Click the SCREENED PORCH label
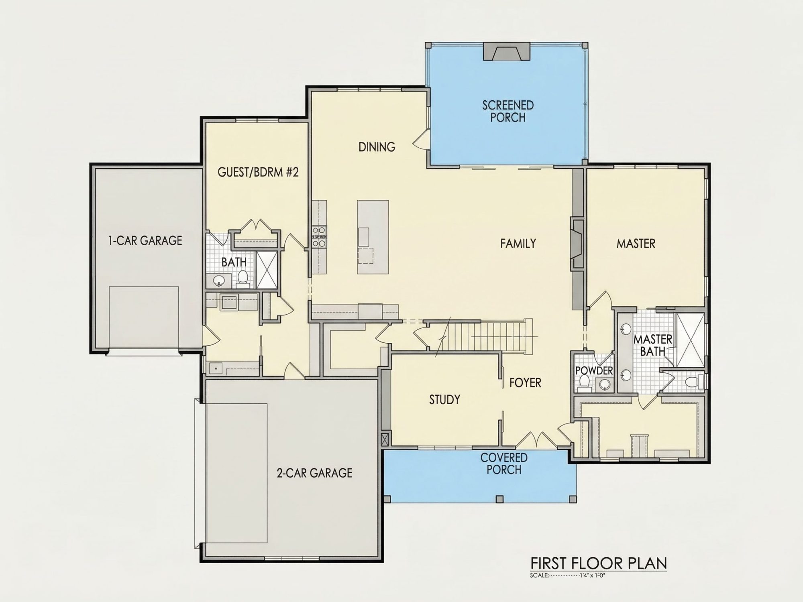[508, 111]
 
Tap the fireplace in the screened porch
[507, 51]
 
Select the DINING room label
[377, 147]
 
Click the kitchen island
[373, 237]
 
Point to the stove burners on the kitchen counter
[320, 236]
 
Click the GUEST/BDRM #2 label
[258, 172]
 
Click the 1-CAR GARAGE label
[145, 240]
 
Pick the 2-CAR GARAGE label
[314, 473]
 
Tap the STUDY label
[444, 399]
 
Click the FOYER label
[525, 383]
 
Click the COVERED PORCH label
[504, 464]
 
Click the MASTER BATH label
[652, 345]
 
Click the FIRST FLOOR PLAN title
[599, 563]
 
